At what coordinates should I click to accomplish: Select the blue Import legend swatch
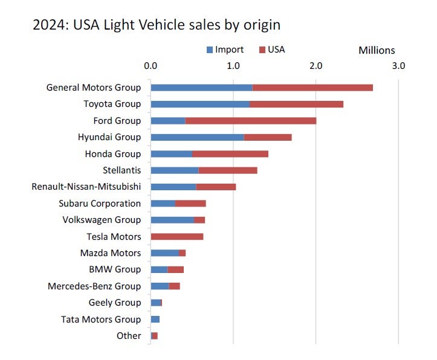coord(210,50)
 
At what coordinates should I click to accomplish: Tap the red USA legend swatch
coord(263,50)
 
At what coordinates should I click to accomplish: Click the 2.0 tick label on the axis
coord(316,65)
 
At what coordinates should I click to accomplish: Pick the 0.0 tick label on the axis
coord(151,65)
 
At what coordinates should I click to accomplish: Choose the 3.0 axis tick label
coord(398,65)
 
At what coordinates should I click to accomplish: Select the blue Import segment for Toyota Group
coord(200,104)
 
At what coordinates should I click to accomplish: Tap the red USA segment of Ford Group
coord(251,121)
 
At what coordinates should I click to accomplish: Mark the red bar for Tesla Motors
coord(177,236)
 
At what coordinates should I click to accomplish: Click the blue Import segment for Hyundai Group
coord(197,137)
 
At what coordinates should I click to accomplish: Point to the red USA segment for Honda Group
coord(230,153)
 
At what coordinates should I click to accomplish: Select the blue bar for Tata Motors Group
coord(155,319)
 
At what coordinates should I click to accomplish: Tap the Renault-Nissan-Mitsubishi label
coord(86,187)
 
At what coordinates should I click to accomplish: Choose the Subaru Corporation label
coord(100,204)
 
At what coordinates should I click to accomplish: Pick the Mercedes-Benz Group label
coord(94,286)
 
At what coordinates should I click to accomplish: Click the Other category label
coord(129,336)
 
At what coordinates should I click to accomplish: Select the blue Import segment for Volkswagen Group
coord(172,220)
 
